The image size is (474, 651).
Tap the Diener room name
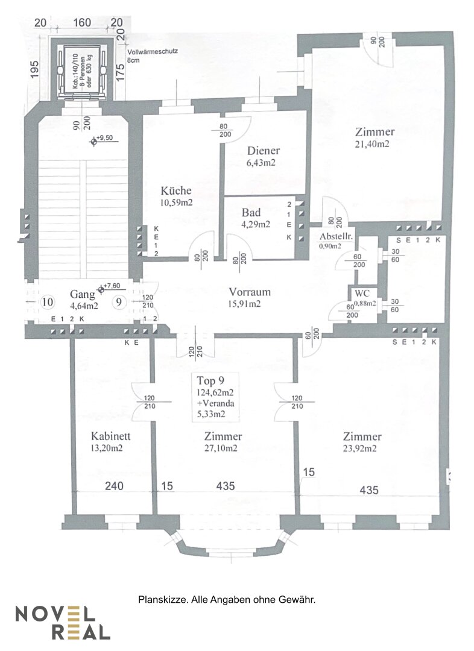[264, 151]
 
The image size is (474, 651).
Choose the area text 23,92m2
[362, 448]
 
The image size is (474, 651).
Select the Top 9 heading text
[210, 380]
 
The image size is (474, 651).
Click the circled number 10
[48, 301]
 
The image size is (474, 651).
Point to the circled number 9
[120, 301]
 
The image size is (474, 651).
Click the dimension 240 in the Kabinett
[113, 486]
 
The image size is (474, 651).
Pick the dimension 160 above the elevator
[82, 23]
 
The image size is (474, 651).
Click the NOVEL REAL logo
[63, 623]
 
